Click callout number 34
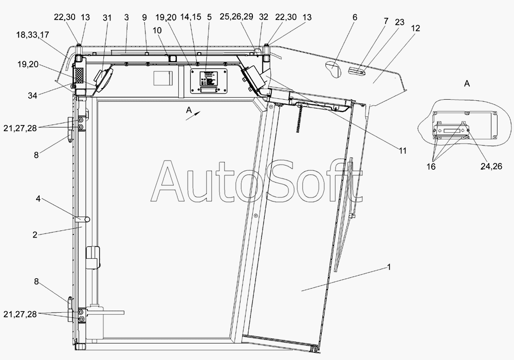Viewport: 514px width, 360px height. (32, 96)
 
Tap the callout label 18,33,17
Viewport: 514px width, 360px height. (32, 35)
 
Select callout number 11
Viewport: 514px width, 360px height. (402, 151)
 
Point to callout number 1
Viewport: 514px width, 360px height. (389, 267)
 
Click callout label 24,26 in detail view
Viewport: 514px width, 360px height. (491, 167)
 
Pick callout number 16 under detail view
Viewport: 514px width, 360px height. (431, 167)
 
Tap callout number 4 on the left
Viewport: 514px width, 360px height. (38, 199)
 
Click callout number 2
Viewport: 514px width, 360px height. (35, 235)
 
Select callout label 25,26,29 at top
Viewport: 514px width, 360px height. (236, 16)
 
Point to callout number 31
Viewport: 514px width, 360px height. (107, 17)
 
